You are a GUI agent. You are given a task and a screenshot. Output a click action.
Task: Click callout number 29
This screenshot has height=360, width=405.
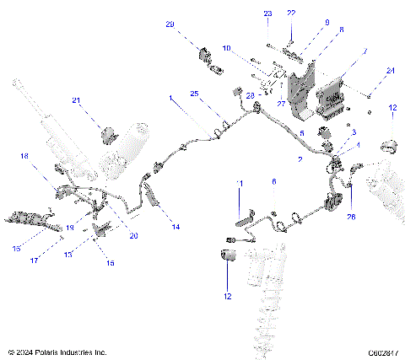pyautogui.click(x=170, y=26)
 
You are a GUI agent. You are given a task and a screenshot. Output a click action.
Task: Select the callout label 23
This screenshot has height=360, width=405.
pyautogui.click(x=268, y=13)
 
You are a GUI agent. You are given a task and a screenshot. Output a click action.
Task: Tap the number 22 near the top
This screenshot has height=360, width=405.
pyautogui.click(x=291, y=13)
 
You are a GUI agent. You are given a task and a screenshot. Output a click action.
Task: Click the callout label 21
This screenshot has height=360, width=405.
pyautogui.click(x=75, y=100)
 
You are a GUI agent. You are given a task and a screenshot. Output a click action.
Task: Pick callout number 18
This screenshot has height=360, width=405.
pyautogui.click(x=24, y=157)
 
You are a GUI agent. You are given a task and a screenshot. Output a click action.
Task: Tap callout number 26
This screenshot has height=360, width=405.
pyautogui.click(x=351, y=216)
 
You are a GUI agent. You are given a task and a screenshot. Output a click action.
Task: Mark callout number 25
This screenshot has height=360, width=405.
pyautogui.click(x=194, y=93)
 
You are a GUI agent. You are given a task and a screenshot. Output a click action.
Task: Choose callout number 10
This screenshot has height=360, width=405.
pyautogui.click(x=227, y=48)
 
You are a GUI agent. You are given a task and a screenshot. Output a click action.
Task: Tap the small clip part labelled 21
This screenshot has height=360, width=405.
pyautogui.click(x=108, y=134)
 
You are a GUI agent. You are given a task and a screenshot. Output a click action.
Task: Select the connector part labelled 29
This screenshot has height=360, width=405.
pyautogui.click(x=206, y=56)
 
